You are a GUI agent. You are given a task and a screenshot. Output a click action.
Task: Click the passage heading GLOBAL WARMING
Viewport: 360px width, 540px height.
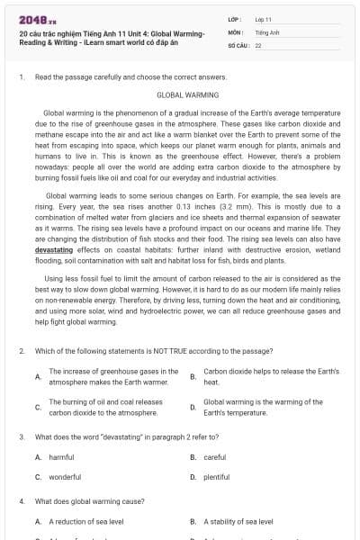pyautogui.click(x=180, y=94)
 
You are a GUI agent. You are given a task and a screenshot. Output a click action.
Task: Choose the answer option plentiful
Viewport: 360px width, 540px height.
pyautogui.click(x=216, y=477)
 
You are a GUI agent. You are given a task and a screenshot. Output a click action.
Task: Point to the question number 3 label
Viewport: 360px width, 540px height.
pyautogui.click(x=22, y=436)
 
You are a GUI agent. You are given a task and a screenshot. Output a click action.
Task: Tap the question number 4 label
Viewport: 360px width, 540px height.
pyautogui.click(x=22, y=500)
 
